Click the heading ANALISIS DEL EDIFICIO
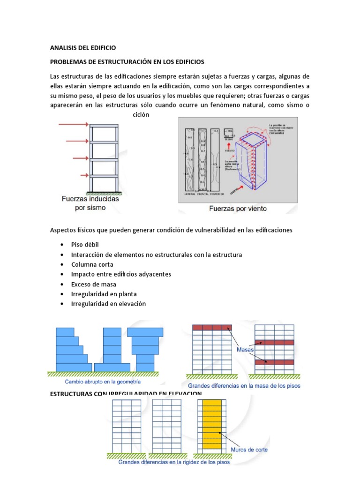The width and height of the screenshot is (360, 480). point(82,48)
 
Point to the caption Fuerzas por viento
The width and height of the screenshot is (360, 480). point(238,209)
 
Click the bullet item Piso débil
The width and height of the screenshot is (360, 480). point(85,245)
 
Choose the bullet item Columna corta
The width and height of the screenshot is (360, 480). point(92,264)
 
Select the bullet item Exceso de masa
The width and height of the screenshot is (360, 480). point(93,284)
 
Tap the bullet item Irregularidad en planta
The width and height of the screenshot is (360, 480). point(104,294)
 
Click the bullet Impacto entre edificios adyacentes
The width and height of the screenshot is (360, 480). point(121,274)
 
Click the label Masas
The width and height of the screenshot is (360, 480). point(244,350)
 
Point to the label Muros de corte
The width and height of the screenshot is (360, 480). point(249,449)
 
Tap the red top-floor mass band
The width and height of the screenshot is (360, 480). point(212,328)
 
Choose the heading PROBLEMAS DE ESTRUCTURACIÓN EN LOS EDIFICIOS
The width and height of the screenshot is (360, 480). point(127,62)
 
